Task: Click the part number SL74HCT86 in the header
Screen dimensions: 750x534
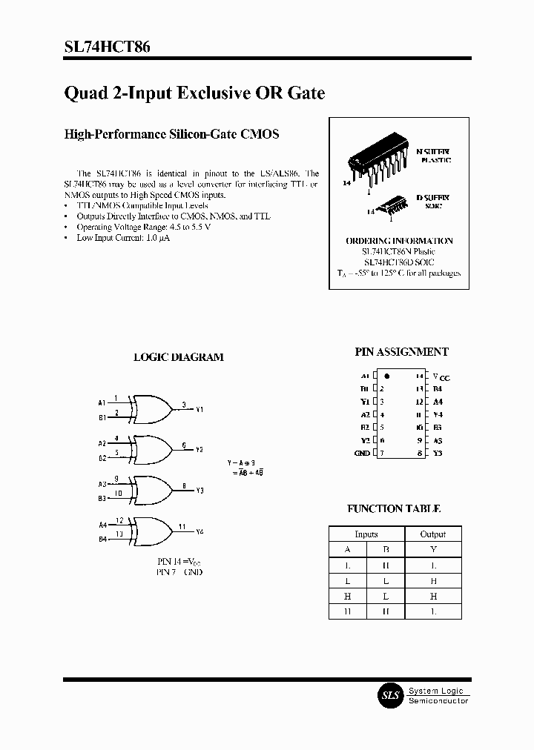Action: tap(108, 47)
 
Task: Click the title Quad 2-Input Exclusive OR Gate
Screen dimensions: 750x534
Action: tap(194, 94)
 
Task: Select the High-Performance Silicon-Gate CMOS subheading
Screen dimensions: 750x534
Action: tap(171, 134)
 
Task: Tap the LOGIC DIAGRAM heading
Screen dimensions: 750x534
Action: tap(178, 357)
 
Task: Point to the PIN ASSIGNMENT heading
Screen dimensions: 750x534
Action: tap(402, 353)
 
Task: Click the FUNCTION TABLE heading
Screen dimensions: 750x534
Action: tap(394, 509)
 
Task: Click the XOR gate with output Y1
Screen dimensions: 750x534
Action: tap(151, 405)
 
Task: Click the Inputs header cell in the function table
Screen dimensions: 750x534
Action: tap(366, 534)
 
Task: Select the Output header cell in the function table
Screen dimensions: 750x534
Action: tap(433, 534)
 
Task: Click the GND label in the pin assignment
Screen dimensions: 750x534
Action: tap(362, 453)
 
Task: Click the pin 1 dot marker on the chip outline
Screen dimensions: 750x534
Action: tap(386, 376)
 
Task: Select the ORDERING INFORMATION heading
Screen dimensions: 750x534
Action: tap(399, 241)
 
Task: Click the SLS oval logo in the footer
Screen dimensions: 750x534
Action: tap(390, 696)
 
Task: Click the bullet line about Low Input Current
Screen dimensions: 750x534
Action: tap(122, 237)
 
